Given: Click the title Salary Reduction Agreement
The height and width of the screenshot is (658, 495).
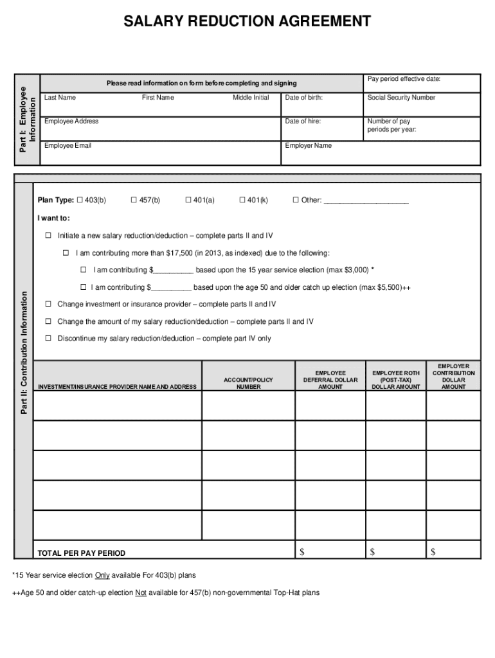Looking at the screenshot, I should point(248,22).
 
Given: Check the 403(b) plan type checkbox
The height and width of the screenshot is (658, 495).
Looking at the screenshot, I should point(80,200).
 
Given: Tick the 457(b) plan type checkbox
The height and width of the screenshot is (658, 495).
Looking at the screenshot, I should point(134,200).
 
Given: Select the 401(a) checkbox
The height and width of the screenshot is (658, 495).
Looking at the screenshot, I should point(188,200).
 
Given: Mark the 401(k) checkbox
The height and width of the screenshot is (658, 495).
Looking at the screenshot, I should point(242,200).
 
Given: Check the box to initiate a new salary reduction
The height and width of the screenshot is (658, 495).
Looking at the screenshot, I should point(48,235).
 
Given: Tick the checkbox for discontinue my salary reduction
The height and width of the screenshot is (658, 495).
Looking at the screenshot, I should point(48,338).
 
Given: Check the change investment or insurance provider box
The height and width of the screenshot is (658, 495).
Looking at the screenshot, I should point(48,304).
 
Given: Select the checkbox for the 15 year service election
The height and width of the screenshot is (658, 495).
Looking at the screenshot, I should point(84,269).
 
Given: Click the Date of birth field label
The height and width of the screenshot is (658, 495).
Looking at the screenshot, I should point(303,98).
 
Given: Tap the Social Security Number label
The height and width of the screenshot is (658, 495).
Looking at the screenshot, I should point(401,98).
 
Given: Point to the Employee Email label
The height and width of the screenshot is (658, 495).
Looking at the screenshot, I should point(67,145).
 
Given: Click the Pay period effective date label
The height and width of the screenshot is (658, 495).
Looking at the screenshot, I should point(404,79).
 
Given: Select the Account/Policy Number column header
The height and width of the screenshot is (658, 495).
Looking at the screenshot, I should point(248,384).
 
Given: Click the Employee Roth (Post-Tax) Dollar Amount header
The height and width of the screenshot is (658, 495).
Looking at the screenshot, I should point(396,380).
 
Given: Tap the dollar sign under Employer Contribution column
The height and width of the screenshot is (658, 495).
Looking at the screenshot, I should point(433,552).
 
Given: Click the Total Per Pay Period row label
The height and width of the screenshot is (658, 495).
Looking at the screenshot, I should point(82,553).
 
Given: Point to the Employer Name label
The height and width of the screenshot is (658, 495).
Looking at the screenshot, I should point(309,145).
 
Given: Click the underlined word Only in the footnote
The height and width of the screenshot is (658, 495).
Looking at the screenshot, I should point(102,575).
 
